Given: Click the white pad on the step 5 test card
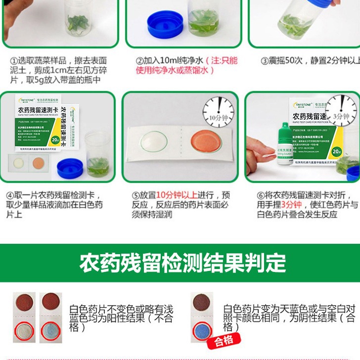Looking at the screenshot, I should coord(155,143).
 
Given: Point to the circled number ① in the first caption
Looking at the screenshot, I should coord(14,61).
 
